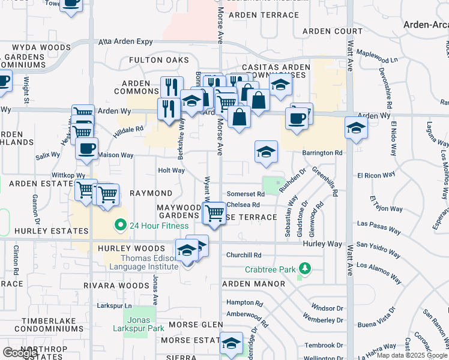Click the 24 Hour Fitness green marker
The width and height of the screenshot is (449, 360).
(x=120, y=226)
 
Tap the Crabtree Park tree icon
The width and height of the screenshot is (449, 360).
(x=305, y=268)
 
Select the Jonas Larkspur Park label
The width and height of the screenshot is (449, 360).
(x=139, y=324)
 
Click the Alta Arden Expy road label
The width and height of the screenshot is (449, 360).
(x=125, y=42)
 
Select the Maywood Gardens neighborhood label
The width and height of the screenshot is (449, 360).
(x=178, y=211)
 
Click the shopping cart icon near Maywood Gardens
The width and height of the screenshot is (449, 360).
(x=214, y=213)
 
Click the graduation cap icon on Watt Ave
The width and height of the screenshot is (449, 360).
(x=356, y=128)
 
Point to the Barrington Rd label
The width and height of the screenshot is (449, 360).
(x=322, y=153)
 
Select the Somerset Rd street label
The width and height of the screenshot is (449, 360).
(x=246, y=194)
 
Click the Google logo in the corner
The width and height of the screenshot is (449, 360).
(x=20, y=353)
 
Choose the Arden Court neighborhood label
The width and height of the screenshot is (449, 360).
(x=332, y=31)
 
